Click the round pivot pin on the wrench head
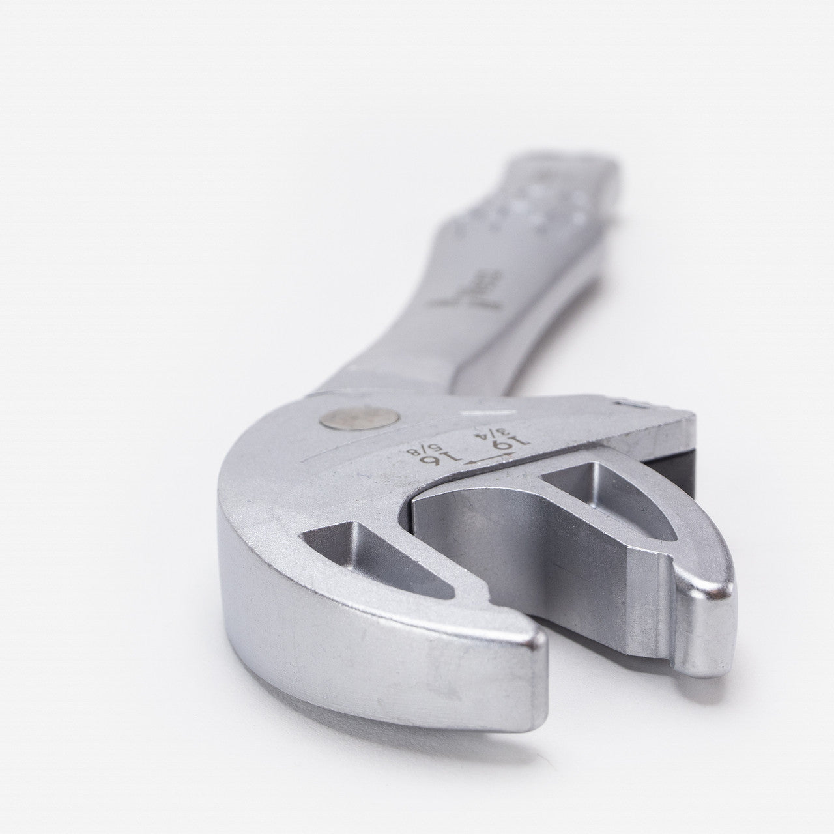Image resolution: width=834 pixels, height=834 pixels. (351, 419)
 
